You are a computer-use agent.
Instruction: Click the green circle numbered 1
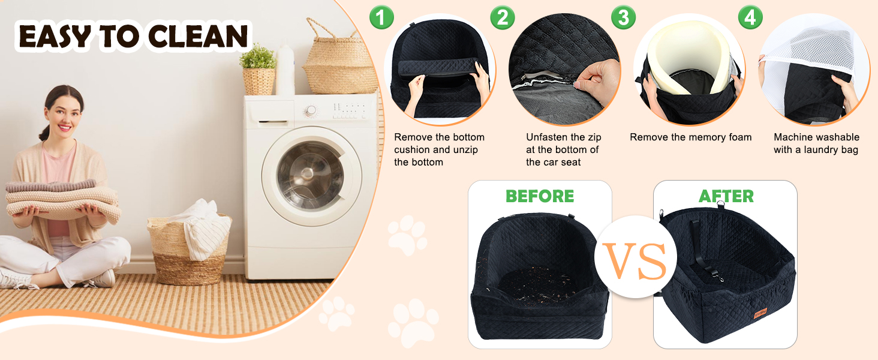tap(381, 17)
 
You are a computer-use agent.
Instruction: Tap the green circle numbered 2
tap(503, 17)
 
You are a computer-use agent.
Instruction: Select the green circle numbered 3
tap(623, 17)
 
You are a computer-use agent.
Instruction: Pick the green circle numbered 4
tap(750, 17)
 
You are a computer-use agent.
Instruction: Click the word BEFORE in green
tap(540, 196)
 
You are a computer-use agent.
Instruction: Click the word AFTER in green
tap(726, 196)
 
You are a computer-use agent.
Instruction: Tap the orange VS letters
tap(635, 261)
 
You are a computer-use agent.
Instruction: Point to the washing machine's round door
tap(311, 176)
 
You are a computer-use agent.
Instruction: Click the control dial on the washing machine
tap(311, 111)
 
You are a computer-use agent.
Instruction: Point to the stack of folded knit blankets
tap(63, 199)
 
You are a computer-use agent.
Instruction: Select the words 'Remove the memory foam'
tap(691, 137)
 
